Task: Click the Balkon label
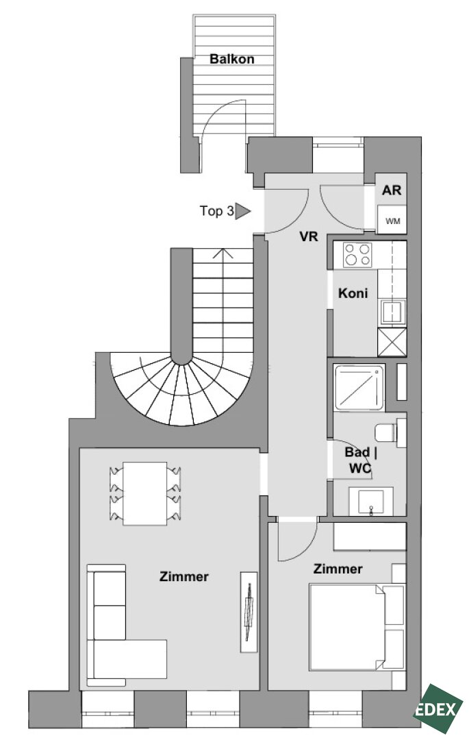click(232, 59)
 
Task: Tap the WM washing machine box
click(392, 220)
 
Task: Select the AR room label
click(392, 190)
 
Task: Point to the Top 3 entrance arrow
click(243, 211)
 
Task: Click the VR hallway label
click(309, 236)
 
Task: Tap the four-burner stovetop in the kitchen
click(357, 254)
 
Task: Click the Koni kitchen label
click(353, 293)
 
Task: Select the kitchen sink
click(393, 312)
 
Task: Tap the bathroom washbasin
click(370, 501)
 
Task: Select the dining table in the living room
click(144, 493)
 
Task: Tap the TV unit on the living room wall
click(249, 612)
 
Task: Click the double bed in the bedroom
click(357, 627)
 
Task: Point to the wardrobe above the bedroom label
click(370, 536)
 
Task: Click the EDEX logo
click(438, 709)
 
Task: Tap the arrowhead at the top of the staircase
click(223, 254)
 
